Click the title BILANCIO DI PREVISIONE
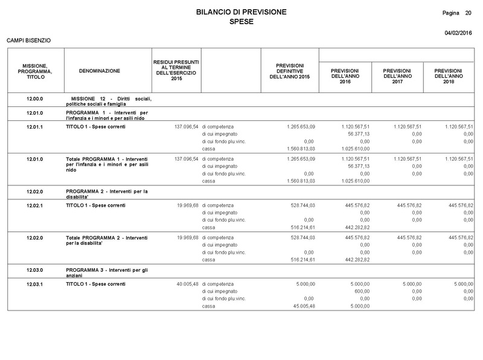pyautogui.click(x=241, y=12)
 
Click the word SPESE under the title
pyautogui.click(x=241, y=22)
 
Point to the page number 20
pyautogui.click(x=469, y=13)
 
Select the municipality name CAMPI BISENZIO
pyautogui.click(x=28, y=40)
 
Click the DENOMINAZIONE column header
pyautogui.click(x=100, y=71)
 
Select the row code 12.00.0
pyautogui.click(x=39, y=98)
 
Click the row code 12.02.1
pyautogui.click(x=39, y=205)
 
